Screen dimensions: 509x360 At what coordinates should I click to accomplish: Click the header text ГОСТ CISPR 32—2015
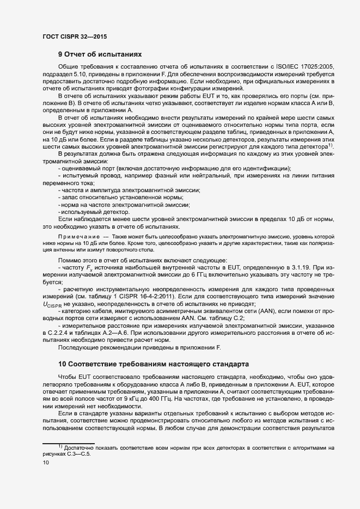point(74,36)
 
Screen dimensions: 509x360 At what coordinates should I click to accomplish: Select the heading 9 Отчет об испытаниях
point(100,54)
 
